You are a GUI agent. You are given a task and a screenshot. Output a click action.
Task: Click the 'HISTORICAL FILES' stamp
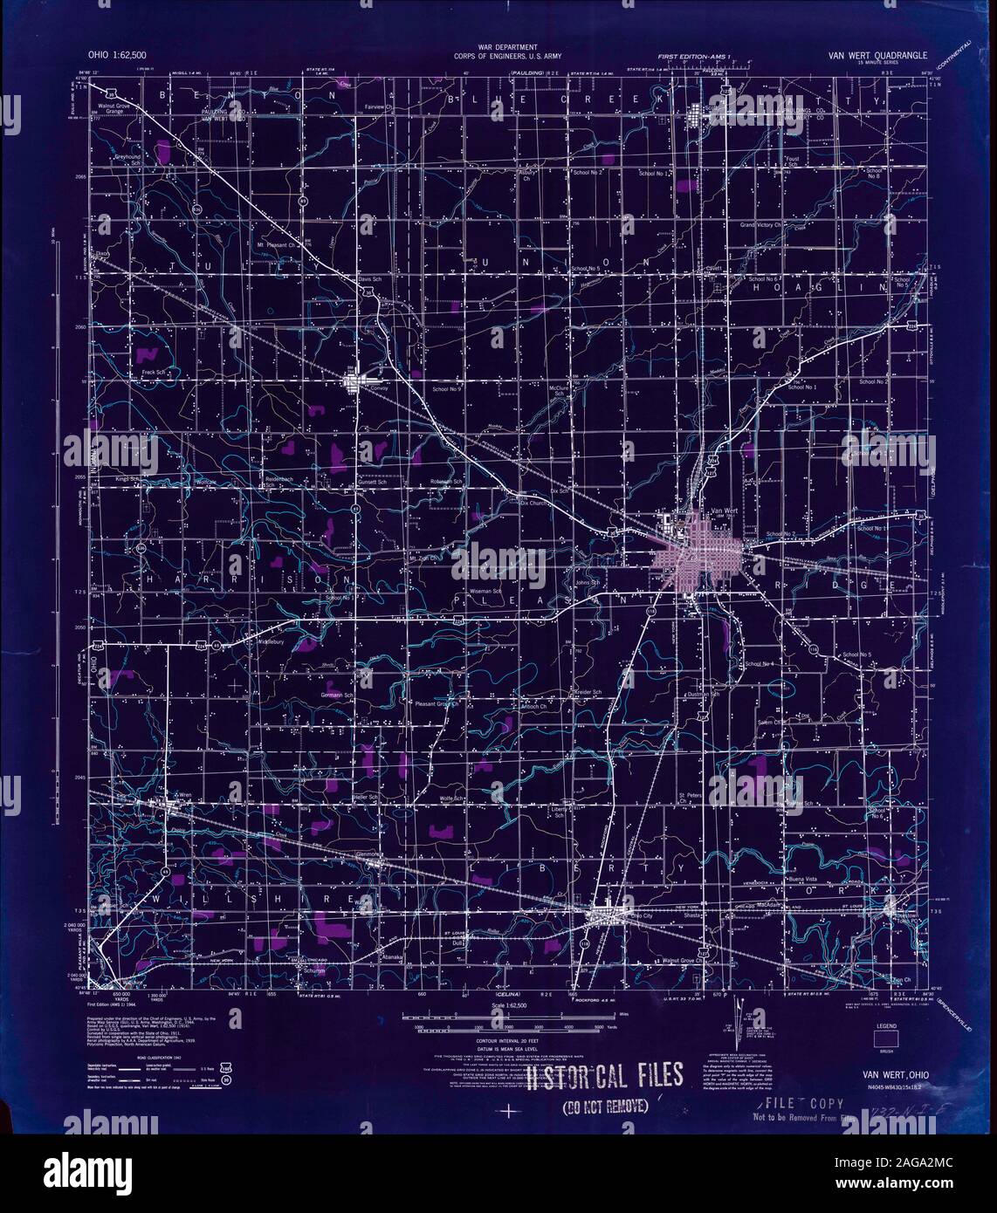click(x=602, y=1079)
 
